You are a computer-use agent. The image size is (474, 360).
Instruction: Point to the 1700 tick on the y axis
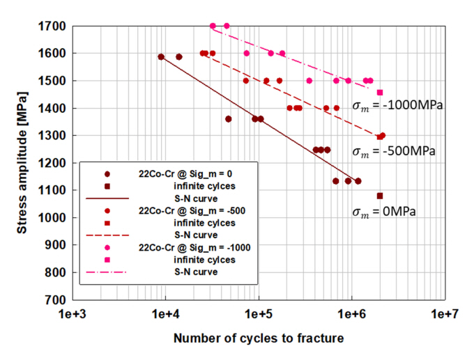coord(55,26)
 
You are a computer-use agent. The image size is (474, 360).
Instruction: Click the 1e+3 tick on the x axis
coord(72,314)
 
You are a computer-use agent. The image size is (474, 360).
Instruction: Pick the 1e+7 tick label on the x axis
coord(444,314)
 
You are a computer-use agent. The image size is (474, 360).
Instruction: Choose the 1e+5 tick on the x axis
coord(259,314)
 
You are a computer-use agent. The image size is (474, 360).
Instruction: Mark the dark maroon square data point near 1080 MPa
coord(380,196)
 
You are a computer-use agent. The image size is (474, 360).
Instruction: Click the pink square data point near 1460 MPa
coord(380,92)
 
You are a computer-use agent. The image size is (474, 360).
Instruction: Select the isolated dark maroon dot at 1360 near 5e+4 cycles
coord(228,119)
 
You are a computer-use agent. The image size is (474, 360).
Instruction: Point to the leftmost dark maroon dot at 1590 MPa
coord(161,57)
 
